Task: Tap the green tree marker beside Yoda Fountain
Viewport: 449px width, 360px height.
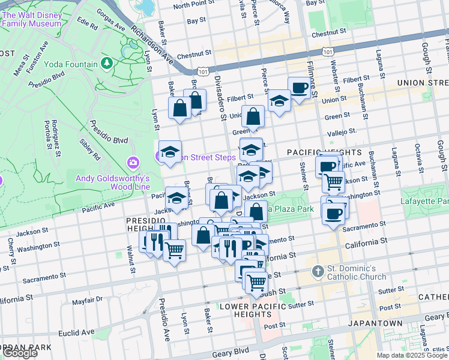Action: [107, 62]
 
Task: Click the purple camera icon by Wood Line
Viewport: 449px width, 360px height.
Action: [133, 163]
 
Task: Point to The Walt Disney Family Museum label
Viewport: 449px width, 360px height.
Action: [31, 19]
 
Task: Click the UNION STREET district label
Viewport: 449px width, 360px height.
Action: [423, 82]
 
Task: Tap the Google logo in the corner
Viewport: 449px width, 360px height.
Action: [20, 353]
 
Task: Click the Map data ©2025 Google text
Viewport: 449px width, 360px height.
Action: [412, 355]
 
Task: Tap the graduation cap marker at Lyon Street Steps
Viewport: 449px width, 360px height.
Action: [170, 152]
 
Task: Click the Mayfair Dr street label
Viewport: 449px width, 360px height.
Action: [88, 298]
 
